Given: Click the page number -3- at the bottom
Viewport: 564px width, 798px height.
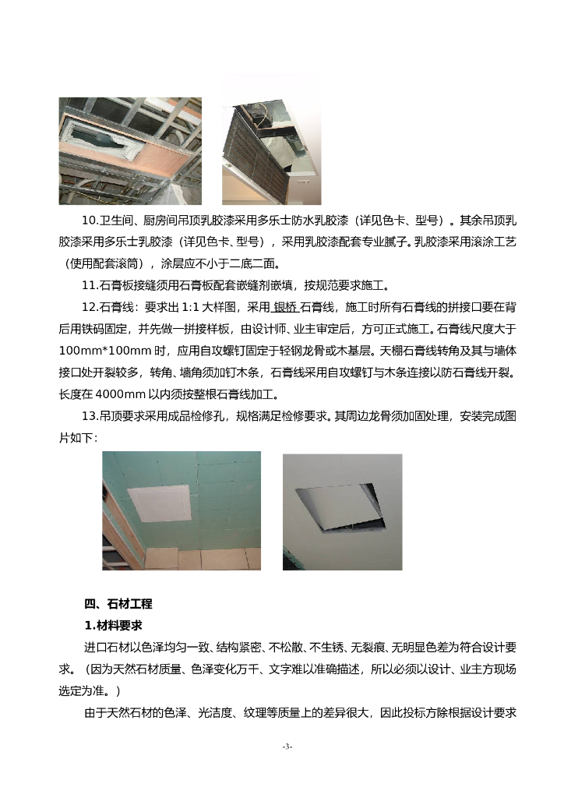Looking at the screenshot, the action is point(287,747).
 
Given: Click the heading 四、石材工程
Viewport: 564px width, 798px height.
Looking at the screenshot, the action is point(118,604).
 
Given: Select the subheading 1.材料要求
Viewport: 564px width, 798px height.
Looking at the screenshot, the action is point(114,626).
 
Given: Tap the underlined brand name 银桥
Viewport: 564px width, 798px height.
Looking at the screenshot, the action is point(285,307).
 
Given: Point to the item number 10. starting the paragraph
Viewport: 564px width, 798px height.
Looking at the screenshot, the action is point(90,221).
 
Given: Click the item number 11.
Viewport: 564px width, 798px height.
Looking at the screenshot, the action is point(90,285).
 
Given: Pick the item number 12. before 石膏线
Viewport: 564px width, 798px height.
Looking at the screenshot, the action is point(90,307).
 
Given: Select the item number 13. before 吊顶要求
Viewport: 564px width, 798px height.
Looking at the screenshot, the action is point(90,416).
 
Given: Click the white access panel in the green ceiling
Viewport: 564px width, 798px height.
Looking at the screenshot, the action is point(158,503).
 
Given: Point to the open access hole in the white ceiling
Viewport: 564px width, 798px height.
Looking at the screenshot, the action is point(340,507).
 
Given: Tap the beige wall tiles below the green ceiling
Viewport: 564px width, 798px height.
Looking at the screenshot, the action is point(203,559).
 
